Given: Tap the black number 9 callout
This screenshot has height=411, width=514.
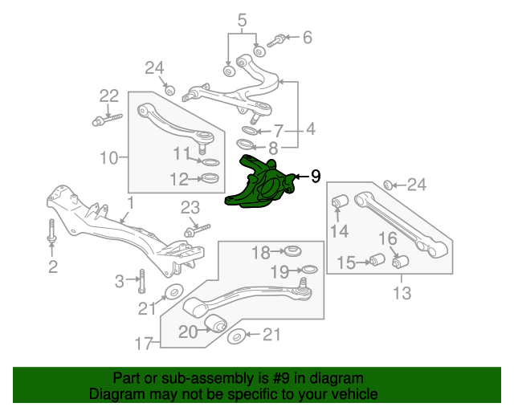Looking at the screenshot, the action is coord(316,177).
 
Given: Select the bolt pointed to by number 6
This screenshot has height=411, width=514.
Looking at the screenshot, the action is coord(276,41).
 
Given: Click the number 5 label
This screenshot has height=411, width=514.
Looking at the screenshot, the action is coord(242,20).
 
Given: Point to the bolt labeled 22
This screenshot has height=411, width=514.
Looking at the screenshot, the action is coord(107,120).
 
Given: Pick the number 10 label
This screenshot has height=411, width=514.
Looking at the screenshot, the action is coord(108,158).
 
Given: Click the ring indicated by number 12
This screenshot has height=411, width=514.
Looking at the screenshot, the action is coord(210,179).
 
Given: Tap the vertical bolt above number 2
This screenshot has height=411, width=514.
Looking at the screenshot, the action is coord(52,232).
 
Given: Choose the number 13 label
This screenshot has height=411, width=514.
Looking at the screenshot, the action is coord(402,293).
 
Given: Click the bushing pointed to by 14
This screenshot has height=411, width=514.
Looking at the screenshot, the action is coord(341,201).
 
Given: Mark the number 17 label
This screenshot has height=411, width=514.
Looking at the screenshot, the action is coord(144,344).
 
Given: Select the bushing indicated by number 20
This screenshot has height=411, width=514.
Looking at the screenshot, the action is coord(216,323).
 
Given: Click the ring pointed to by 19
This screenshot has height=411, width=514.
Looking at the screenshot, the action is coord(309,270).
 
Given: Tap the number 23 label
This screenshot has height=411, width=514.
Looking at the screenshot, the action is coord(190,208).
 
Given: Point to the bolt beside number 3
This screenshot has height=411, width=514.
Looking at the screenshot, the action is coord(142,281).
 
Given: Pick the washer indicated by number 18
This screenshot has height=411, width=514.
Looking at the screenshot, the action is coord(292,251).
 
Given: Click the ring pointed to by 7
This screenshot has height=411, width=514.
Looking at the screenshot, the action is coord(251,131).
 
